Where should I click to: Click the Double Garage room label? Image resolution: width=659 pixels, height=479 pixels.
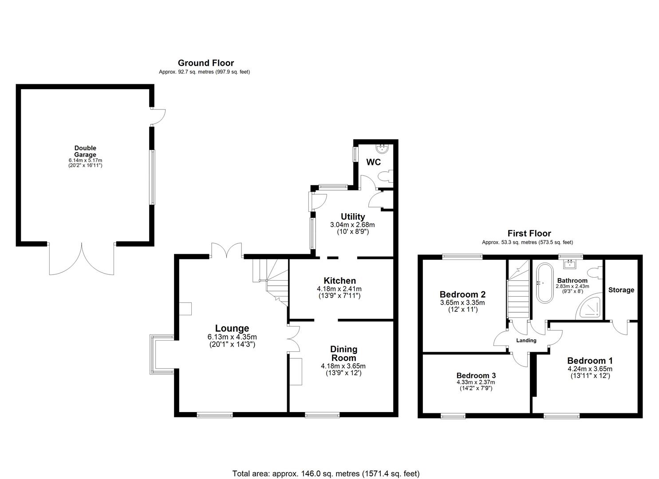pyautogui.click(x=85, y=151)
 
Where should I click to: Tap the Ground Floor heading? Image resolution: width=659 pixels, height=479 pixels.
pyautogui.click(x=205, y=63)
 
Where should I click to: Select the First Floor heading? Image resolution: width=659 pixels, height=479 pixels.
pyautogui.click(x=529, y=233)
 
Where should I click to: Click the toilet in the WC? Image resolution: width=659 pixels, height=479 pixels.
pyautogui.click(x=384, y=176)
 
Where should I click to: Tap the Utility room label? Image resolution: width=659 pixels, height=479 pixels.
pyautogui.click(x=353, y=216)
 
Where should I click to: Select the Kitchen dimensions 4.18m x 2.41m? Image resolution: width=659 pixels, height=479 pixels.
pyautogui.click(x=339, y=288)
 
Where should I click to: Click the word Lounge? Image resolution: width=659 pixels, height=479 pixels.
pyautogui.click(x=232, y=328)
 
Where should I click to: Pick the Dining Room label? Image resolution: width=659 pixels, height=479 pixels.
pyautogui.click(x=344, y=353)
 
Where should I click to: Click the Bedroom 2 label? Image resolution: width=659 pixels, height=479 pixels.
pyautogui.click(x=462, y=294)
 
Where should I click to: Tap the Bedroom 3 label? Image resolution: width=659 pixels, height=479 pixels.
pyautogui.click(x=475, y=374)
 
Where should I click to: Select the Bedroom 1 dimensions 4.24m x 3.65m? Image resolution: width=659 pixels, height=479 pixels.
pyautogui.click(x=590, y=369)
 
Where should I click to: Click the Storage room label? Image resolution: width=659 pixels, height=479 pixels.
pyautogui.click(x=621, y=290)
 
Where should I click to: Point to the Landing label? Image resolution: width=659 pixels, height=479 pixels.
pyautogui.click(x=526, y=341)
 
